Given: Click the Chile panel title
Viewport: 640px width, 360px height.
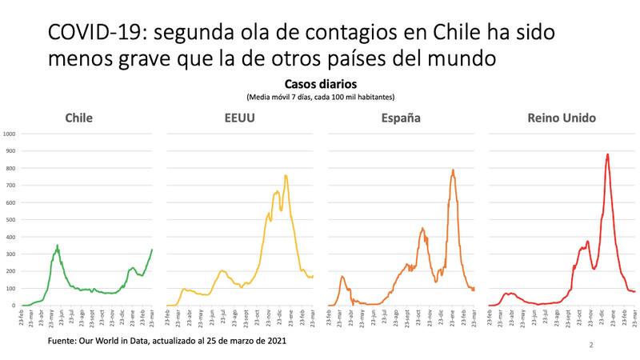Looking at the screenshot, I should tap(78, 118).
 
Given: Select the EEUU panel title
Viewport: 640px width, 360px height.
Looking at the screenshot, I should tap(239, 118).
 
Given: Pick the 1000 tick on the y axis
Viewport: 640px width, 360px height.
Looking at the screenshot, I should tap(10, 134).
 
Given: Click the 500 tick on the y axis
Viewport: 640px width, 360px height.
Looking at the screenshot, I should tap(10, 219).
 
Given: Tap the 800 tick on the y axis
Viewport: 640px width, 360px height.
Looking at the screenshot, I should tap(10, 168).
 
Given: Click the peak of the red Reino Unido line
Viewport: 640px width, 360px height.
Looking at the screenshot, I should tap(608, 154).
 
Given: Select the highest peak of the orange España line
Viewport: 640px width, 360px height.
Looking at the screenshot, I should tap(453, 170).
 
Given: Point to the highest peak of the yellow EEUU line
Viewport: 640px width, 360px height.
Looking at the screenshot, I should tap(286, 175).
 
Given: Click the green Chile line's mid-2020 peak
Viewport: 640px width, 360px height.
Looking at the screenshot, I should tap(57, 245).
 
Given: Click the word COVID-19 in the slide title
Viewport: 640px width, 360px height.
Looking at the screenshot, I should tap(93, 33).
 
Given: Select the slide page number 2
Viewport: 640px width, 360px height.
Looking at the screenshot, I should tap(590, 346).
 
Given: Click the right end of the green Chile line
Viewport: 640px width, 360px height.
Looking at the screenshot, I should tap(151, 250).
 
